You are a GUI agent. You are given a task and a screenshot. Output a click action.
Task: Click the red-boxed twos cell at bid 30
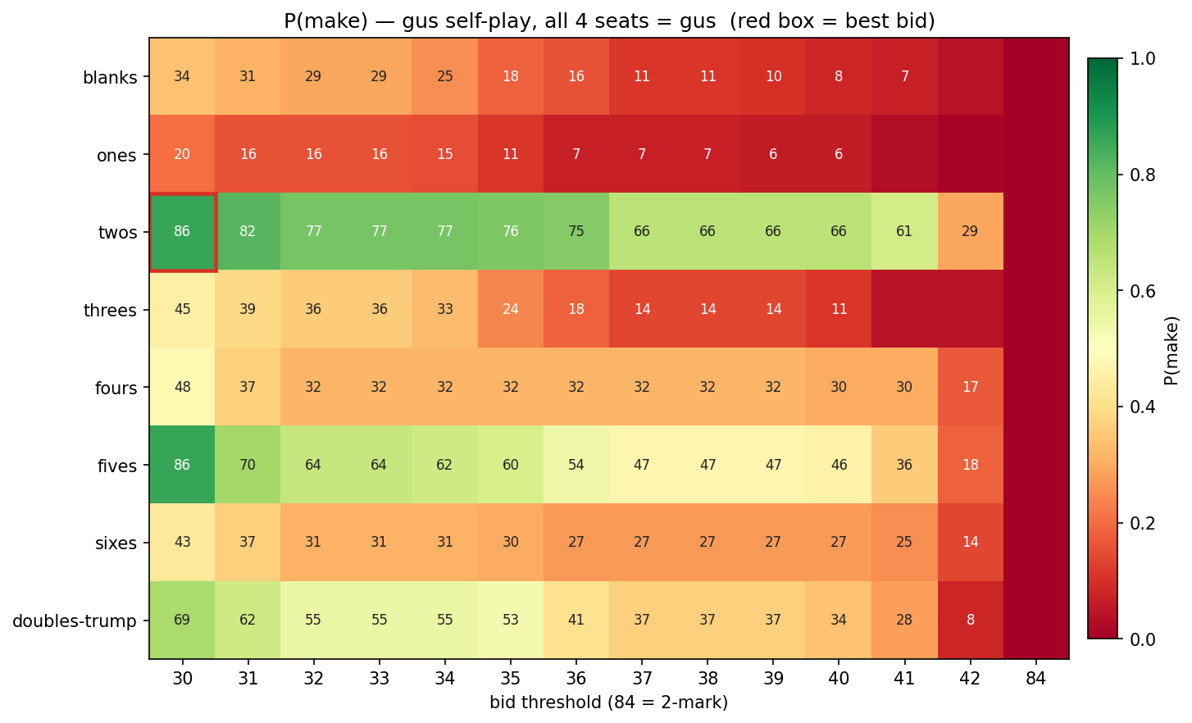182,232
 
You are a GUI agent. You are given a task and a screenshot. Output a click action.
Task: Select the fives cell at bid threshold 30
182,465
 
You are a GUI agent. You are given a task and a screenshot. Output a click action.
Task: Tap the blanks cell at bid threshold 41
904,77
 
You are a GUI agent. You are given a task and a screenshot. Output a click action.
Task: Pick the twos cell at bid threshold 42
970,232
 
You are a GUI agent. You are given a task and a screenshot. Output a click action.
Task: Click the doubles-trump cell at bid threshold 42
970,620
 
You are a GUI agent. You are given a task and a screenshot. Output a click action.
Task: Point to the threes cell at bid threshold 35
511,310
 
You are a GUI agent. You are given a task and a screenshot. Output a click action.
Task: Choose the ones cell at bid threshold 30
182,154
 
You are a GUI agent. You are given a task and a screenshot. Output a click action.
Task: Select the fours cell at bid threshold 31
248,387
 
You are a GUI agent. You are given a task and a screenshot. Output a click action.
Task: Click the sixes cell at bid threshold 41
904,542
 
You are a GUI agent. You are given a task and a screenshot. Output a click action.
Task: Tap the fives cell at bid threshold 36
576,465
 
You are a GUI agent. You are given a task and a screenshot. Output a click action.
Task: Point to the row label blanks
110,79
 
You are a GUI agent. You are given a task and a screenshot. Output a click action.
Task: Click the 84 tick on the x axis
1035,679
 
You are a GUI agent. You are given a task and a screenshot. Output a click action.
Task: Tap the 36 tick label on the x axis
576,679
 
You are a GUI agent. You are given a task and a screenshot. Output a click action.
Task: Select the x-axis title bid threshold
608,703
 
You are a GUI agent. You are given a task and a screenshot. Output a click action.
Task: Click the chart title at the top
609,20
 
